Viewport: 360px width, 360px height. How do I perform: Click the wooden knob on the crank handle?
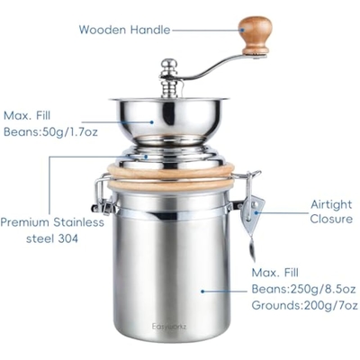click(256, 34)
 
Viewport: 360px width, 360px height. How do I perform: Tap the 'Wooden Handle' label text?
click(124, 30)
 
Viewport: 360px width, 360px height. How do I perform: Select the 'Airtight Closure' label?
click(331, 211)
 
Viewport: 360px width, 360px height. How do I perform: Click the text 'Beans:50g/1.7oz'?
click(50, 132)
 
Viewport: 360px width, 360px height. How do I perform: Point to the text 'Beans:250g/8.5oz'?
click(303, 289)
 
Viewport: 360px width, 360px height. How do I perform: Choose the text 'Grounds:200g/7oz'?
click(304, 305)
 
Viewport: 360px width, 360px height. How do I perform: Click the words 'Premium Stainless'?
click(52, 222)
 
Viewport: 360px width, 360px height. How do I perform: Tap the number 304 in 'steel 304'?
click(68, 238)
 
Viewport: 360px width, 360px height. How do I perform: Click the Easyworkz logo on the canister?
click(169, 327)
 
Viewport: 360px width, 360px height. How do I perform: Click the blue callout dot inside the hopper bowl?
click(152, 122)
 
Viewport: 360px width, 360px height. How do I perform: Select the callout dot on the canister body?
click(202, 291)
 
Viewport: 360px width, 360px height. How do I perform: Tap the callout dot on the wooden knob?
click(241, 30)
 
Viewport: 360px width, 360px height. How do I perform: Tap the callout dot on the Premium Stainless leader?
click(146, 157)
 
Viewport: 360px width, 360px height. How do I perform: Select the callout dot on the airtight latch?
click(256, 212)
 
